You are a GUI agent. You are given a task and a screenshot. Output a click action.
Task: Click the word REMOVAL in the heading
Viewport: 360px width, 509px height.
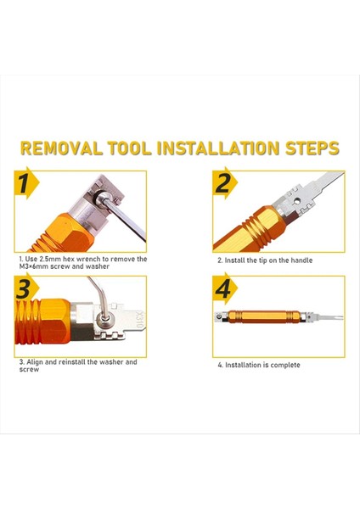61,148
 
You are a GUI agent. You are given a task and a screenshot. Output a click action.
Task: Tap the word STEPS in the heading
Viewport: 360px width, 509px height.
312,148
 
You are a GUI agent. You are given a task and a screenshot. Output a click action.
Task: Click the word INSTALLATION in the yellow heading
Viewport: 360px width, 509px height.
218,148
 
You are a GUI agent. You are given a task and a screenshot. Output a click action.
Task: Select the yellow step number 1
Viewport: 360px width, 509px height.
24,183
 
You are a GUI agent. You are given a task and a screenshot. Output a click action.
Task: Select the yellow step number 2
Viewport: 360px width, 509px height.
223,183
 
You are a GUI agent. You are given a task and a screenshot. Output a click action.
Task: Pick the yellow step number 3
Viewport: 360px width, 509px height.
24,289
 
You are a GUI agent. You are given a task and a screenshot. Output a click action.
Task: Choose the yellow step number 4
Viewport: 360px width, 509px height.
223,289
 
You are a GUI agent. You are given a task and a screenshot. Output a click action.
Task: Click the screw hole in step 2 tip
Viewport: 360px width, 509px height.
296,201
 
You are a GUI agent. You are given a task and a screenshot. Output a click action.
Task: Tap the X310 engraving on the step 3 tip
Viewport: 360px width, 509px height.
140,320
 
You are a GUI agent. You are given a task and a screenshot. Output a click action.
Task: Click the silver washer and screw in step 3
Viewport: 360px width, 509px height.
104,317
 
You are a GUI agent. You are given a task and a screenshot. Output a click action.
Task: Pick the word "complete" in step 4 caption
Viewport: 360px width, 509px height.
285,365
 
